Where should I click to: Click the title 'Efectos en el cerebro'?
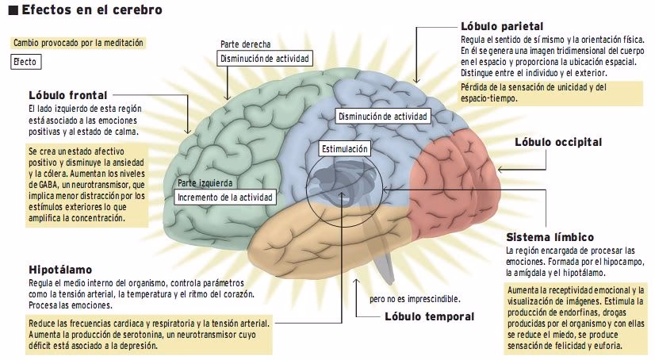pos(92,11)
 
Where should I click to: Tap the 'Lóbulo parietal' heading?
pos(501,26)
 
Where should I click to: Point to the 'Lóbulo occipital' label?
pos(558,142)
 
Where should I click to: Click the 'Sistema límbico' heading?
pos(550,237)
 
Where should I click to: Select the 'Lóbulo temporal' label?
pos(429,316)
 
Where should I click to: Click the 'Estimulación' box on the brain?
pos(345,148)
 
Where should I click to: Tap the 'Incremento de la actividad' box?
pos(225,197)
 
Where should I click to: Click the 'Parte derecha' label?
pos(246,44)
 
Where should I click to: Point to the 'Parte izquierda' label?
pos(204,183)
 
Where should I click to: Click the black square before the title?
pos(13,11)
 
